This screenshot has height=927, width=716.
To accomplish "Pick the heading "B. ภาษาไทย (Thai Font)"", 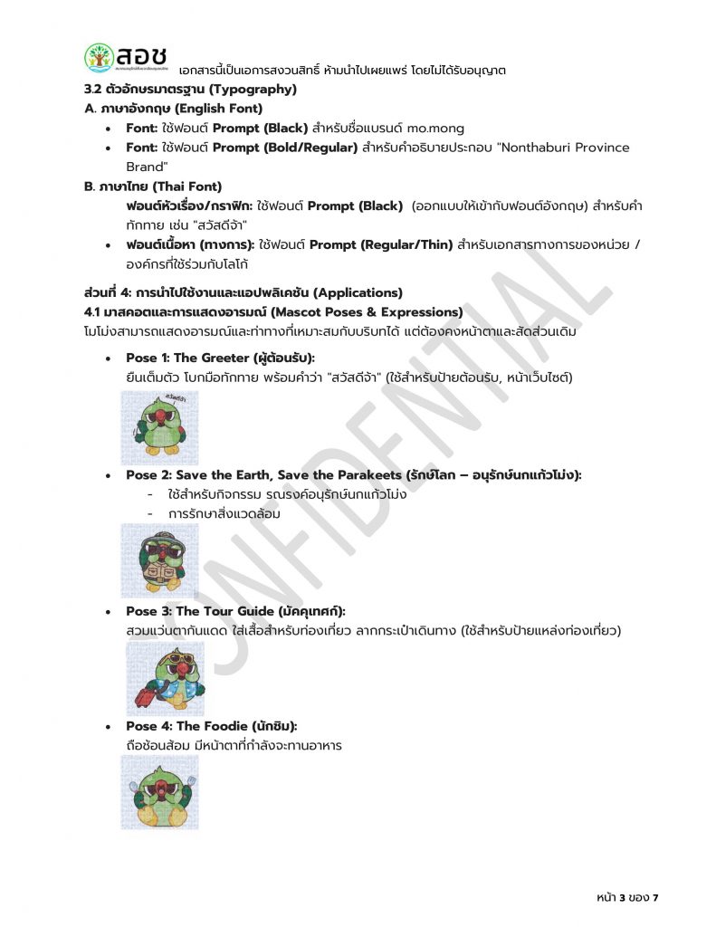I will point(152,186).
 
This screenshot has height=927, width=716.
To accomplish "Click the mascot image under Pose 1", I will point(160,428).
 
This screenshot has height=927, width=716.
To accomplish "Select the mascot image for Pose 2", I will point(160,560).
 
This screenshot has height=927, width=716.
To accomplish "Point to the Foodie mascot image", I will point(160,792).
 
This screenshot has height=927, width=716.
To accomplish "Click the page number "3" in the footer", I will point(623,897).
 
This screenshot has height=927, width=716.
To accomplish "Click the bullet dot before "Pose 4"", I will point(109,726).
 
